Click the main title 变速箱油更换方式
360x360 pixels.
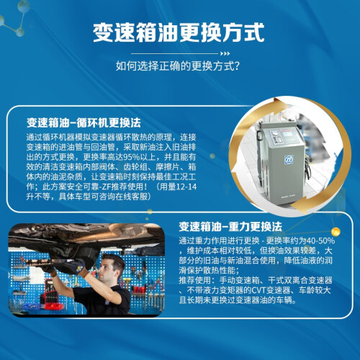tap(179, 32)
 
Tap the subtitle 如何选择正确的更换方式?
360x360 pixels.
tap(178, 66)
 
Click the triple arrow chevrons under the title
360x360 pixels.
tap(225, 53)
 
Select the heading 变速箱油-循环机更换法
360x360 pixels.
tap(84, 122)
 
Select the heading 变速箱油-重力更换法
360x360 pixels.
tap(230, 227)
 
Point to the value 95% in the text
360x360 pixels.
tap(131, 157)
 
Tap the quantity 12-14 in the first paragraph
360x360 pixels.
tap(186, 186)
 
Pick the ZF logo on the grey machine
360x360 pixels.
tap(289, 160)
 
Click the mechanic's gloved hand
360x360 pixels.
tap(76, 266)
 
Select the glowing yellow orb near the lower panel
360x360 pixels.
tap(336, 232)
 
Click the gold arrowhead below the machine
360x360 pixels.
tap(297, 206)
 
